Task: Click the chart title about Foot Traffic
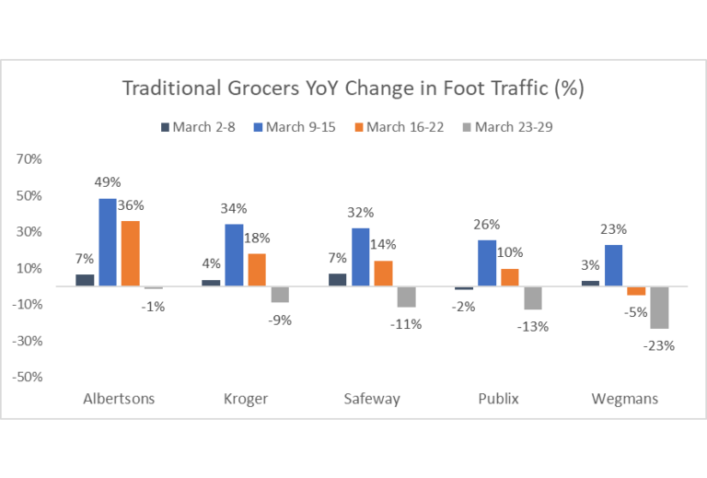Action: click(x=353, y=88)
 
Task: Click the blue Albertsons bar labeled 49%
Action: click(x=108, y=242)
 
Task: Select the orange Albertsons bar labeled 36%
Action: click(x=131, y=253)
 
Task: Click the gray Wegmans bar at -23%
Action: click(x=659, y=308)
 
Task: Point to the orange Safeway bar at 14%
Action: click(x=383, y=274)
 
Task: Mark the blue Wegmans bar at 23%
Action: click(x=613, y=265)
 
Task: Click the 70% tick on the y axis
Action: click(x=29, y=159)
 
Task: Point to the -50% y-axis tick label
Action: click(x=28, y=377)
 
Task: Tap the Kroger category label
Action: click(x=245, y=399)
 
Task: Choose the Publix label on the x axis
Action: click(x=497, y=399)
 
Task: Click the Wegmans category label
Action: click(x=624, y=399)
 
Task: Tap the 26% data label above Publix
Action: click(x=487, y=224)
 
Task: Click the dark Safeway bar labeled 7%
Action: click(x=337, y=280)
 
